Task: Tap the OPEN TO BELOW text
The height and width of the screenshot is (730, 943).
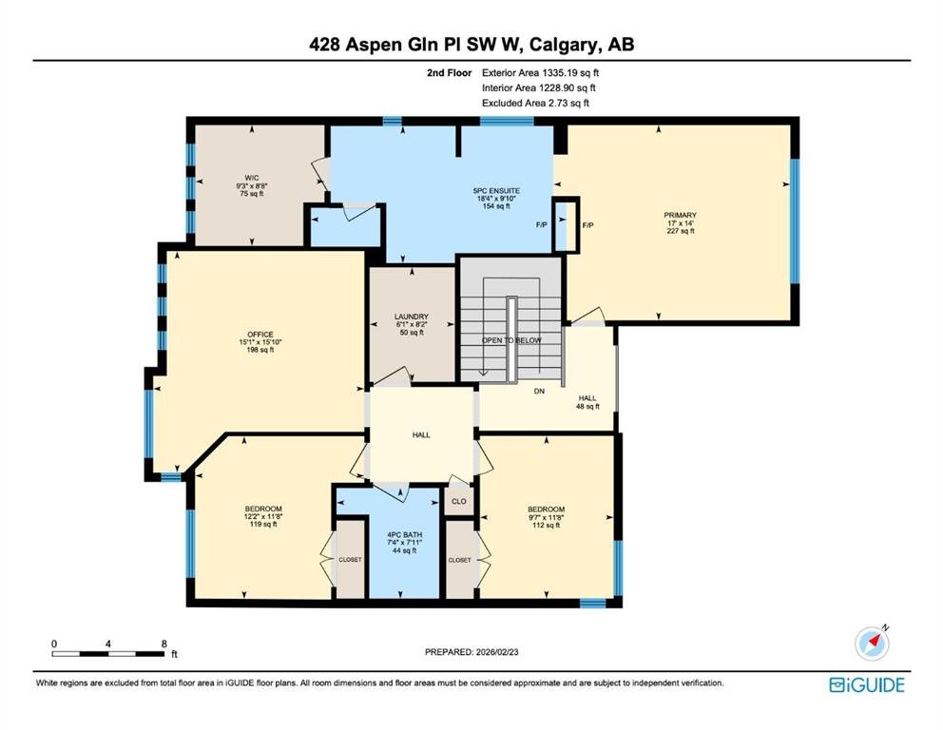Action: click(511, 340)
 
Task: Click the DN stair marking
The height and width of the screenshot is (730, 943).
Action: click(539, 392)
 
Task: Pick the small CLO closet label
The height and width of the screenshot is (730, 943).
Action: click(459, 502)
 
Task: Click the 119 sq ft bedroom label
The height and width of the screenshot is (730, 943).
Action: click(262, 516)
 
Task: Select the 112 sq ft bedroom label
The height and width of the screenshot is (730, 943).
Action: click(546, 517)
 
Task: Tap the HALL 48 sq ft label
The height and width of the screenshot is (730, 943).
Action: click(587, 402)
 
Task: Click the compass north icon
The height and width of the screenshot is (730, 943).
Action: click(872, 643)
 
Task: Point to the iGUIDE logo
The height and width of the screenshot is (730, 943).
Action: click(867, 685)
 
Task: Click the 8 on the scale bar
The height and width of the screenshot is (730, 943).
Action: click(164, 644)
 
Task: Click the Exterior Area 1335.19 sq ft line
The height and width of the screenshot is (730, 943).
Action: click(540, 73)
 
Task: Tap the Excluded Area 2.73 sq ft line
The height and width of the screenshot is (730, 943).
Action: click(535, 103)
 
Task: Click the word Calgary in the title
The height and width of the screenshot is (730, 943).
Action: click(566, 45)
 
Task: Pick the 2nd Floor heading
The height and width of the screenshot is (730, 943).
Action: click(450, 73)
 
